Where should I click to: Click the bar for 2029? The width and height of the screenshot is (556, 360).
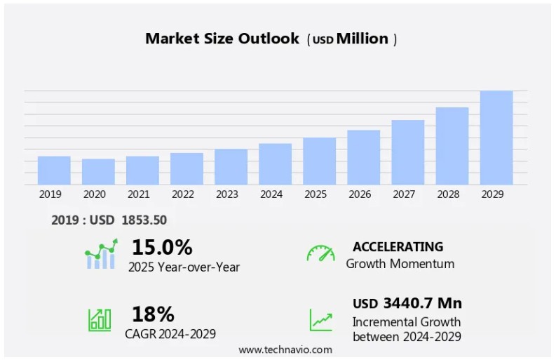pos(496,138)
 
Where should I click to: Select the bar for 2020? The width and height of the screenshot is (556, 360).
pos(98,172)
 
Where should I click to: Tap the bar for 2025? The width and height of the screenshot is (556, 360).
pos(319,161)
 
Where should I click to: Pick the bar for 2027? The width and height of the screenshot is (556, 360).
pos(407,152)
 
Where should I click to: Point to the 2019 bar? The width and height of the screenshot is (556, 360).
pos(54,171)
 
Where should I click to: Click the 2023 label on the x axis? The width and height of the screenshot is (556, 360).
pos(227,194)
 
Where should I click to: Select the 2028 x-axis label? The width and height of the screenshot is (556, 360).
pos(452,194)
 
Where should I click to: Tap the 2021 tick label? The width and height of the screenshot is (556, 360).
pos(139,194)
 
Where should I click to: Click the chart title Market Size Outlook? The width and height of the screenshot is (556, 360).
pos(222,39)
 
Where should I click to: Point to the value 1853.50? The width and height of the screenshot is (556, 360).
pos(144,220)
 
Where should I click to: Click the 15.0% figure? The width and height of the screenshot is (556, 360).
pos(161,247)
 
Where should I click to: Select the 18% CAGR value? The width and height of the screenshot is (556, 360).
pos(153,314)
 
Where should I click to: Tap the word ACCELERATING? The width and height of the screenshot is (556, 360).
pos(398,247)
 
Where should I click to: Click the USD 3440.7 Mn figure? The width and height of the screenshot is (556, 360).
pos(407,303)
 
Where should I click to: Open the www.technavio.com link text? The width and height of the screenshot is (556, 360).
pos(285,349)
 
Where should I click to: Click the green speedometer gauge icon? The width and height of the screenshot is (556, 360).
pos(320,253)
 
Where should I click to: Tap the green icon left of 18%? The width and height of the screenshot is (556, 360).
pos(100,320)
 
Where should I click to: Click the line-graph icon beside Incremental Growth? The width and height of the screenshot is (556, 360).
pos(321,320)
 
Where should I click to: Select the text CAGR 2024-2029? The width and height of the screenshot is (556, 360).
pos(170,333)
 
